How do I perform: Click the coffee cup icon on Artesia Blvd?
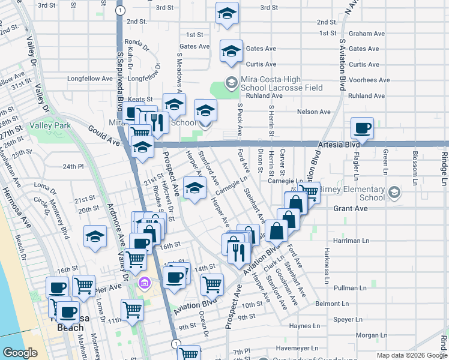pyautogui.click(x=363, y=128)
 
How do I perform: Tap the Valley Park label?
pyautogui.click(x=53, y=126)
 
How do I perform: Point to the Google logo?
pyautogui.click(x=20, y=353)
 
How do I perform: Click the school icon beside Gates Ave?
pyautogui.click(x=231, y=51)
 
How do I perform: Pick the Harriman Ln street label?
pyautogui.click(x=348, y=240)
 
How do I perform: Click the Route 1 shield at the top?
pyautogui.click(x=121, y=11)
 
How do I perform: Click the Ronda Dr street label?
pyautogui.click(x=136, y=43)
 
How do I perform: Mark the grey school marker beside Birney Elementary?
pyautogui.click(x=394, y=193)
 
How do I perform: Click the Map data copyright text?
pyautogui.click(x=411, y=355)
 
